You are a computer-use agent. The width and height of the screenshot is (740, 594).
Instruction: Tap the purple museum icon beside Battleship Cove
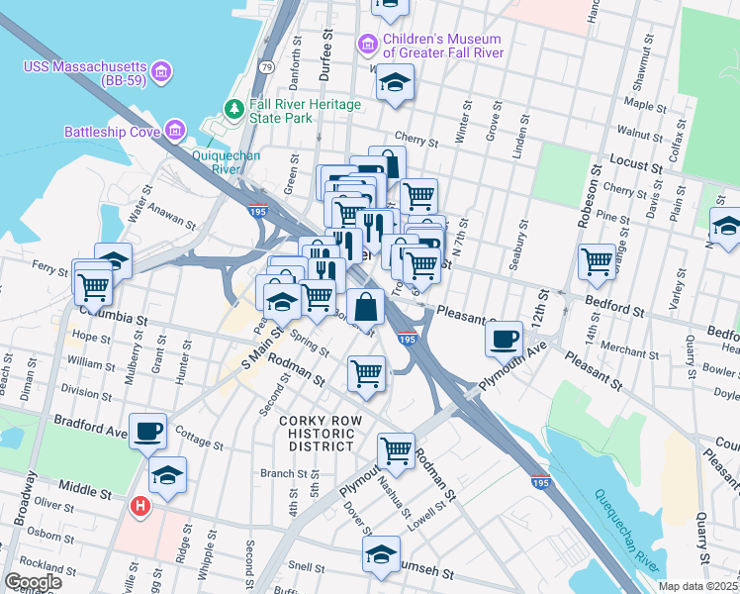[175, 130]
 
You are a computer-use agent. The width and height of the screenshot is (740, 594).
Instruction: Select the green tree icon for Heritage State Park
[234, 107]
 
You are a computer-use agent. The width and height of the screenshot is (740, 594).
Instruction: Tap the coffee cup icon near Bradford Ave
[148, 431]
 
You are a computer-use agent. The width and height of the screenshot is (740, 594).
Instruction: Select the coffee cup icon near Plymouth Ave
[505, 339]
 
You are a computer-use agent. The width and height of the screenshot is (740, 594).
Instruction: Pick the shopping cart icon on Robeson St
[598, 262]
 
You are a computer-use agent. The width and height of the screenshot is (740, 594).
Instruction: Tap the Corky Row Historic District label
[317, 434]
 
